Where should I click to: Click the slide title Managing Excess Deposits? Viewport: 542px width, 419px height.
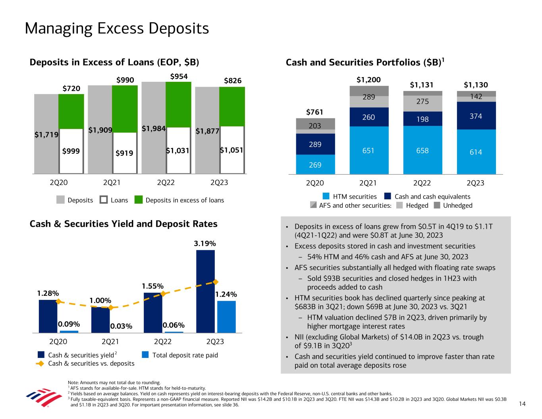pos(117,29)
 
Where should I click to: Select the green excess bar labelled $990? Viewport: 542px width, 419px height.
pos(125,108)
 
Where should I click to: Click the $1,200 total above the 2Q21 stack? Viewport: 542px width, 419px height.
pos(368,80)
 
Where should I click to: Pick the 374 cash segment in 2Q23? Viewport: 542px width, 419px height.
pos(475,116)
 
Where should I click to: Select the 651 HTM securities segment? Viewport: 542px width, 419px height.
pos(368,150)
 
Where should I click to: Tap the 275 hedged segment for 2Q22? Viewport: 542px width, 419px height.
pos(422,102)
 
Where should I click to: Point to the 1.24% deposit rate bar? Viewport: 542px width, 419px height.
pos(226,317)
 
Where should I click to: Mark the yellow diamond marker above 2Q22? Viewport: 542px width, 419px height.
pos(163,294)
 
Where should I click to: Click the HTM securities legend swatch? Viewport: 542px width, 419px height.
pos(326,196)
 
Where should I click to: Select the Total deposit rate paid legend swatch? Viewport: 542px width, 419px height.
pos(146,355)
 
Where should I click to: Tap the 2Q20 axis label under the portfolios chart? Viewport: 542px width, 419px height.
pos(315,183)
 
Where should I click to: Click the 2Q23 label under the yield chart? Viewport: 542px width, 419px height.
pos(215,342)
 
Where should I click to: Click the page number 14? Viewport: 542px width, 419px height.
pos(522,404)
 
